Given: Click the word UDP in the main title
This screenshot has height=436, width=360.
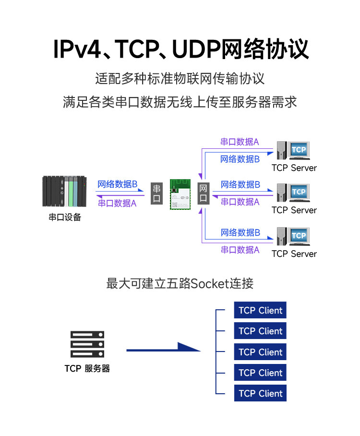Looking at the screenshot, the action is [196, 49].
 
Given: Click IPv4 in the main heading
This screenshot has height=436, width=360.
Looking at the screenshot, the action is [77, 49].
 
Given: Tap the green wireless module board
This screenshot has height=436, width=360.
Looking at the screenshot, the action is [180, 194].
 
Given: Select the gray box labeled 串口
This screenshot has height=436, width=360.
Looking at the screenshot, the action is [156, 194].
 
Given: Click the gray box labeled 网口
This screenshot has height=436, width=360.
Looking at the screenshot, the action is [203, 194].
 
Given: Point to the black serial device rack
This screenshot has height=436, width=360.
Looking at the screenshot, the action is [64, 191].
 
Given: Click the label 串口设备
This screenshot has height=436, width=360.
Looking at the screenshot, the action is [65, 217].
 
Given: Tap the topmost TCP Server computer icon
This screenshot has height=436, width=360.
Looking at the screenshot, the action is [293, 150].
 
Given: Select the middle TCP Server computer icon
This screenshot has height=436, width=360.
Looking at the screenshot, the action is [293, 193].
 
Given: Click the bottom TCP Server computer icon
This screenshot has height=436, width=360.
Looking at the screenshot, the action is [293, 236].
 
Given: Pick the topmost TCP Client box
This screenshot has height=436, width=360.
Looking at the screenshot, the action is [260, 310].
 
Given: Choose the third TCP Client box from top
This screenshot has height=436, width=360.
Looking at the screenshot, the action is [260, 352].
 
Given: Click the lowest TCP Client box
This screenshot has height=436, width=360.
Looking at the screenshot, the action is [260, 393].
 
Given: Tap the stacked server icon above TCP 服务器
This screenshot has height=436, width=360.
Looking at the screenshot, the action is [87, 344].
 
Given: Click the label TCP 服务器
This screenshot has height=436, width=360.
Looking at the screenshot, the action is [87, 368].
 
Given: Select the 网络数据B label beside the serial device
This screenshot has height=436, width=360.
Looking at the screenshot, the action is [117, 184].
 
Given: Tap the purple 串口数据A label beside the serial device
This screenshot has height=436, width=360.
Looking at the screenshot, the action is [117, 203].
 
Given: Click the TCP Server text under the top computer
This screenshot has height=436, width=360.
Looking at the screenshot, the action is [294, 168].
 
